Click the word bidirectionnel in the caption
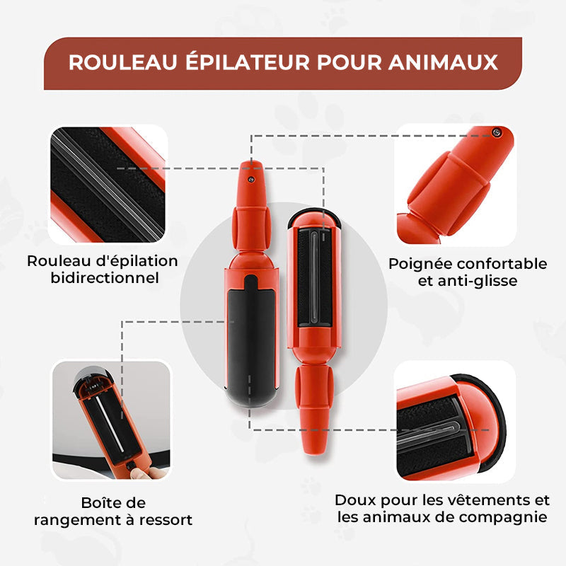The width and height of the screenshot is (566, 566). pyautogui.click(x=103, y=277)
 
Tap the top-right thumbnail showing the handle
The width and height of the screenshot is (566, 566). pyautogui.click(x=454, y=186)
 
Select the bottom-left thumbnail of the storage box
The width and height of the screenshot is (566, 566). pyautogui.click(x=111, y=420)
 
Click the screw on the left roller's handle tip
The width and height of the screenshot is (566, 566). pyautogui.click(x=250, y=180)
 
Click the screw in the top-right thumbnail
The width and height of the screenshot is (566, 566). pyautogui.click(x=497, y=132)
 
